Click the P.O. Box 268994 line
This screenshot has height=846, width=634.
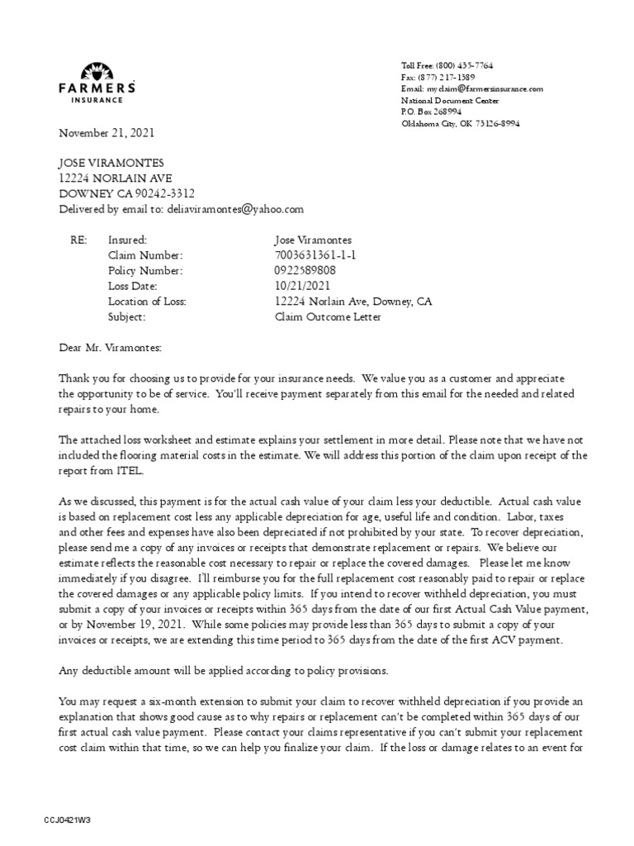(x=431, y=112)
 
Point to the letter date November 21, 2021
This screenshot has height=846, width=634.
(x=106, y=133)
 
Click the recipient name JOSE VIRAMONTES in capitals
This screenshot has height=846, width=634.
(x=111, y=164)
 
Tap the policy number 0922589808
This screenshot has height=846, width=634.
(x=305, y=271)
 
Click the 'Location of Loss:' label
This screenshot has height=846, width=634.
(x=147, y=302)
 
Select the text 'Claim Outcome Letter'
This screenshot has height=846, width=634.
(x=328, y=316)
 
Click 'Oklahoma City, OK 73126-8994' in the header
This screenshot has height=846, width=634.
(x=460, y=123)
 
